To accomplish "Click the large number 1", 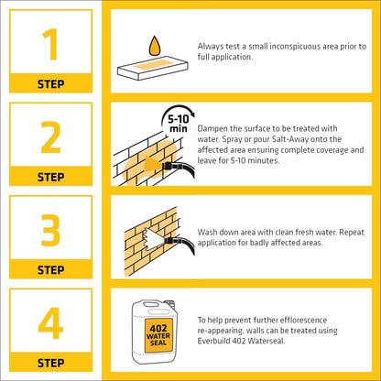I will click(50, 44).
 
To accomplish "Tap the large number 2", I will click(50, 137).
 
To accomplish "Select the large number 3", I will click(50, 230).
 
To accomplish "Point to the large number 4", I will click(50, 323).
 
